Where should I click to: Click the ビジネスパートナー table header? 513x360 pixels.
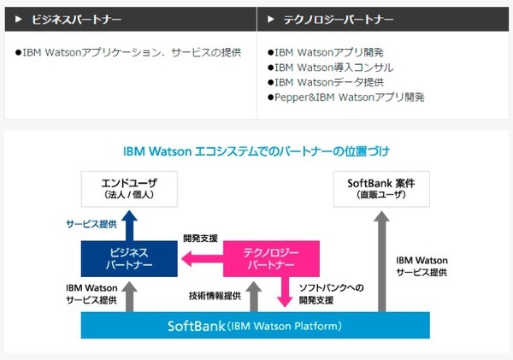tap(76, 18)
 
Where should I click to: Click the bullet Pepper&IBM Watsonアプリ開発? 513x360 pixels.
tap(345, 97)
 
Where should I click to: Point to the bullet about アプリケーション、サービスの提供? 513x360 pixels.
tap(129, 51)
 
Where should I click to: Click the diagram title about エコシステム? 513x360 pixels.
tap(256, 151)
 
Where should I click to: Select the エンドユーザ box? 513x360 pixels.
tap(128, 188)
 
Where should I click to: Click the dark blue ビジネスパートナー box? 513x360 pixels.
tap(128, 258)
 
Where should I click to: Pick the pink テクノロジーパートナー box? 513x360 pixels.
tap(270, 258)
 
